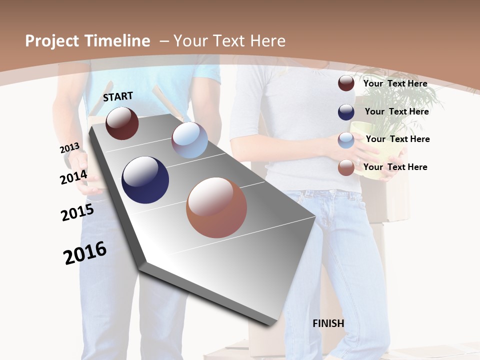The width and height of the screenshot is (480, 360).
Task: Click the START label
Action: pyautogui.click(x=118, y=96)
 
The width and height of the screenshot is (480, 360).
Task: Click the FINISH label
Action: pyautogui.click(x=328, y=323)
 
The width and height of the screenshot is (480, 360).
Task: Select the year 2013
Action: pyautogui.click(x=69, y=148)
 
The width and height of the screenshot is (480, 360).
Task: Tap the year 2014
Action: pyautogui.click(x=73, y=177)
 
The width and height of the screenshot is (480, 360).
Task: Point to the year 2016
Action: pyautogui.click(x=85, y=253)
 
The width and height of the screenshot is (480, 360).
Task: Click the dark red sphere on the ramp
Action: pyautogui.click(x=122, y=123)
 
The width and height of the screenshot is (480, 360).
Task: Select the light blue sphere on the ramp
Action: pyautogui.click(x=189, y=140)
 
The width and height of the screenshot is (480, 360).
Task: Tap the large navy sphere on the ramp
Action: pyautogui.click(x=145, y=180)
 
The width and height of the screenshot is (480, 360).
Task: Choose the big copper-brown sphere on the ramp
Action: pyautogui.click(x=216, y=207)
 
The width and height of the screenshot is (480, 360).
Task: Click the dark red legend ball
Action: pyautogui.click(x=346, y=83)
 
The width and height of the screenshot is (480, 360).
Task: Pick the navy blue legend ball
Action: pyautogui.click(x=346, y=112)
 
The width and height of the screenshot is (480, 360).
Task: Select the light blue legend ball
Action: pyautogui.click(x=346, y=140)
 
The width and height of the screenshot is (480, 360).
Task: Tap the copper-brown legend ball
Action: pyautogui.click(x=346, y=167)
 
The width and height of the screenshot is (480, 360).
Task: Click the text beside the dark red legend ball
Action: pyautogui.click(x=395, y=83)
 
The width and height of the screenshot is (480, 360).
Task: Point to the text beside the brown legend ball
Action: pyautogui.click(x=395, y=167)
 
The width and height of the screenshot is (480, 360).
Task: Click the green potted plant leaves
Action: pyautogui.click(x=405, y=100)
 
